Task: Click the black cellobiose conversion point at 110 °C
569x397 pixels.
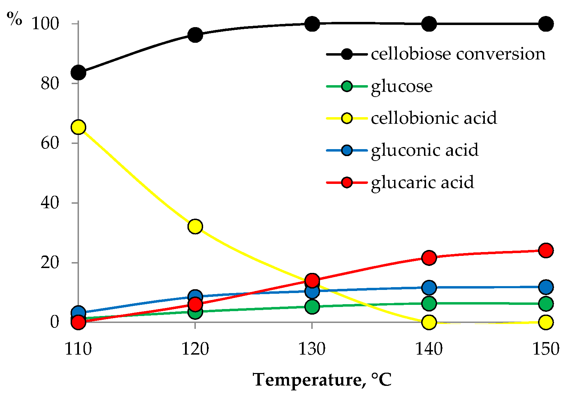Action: pos(78,73)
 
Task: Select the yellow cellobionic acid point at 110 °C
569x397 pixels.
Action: pos(78,127)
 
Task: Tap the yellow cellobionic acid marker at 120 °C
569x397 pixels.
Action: pos(195,226)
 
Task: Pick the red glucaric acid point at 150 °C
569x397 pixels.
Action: pos(546,250)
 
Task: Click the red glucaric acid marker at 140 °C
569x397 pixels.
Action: pos(429,258)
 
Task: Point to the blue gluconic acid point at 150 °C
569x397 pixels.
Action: pos(546,287)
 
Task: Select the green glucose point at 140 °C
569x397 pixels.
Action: pos(429,303)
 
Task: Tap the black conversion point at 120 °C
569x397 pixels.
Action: pos(195,35)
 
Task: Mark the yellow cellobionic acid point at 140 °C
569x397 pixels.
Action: pos(429,322)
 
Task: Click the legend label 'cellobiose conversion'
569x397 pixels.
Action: pos(458,54)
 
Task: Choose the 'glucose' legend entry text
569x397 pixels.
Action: pos(402,86)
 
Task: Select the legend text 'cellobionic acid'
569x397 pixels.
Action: pos(434,118)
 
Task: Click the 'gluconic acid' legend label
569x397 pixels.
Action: pos(425,150)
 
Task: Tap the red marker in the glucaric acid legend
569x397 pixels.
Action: pos(347,182)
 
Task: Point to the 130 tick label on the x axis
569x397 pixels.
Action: pos(312,349)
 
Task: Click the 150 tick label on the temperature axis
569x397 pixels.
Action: pos(546,349)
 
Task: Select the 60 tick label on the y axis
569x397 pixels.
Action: pos(50,143)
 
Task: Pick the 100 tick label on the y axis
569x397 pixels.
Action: pos(45,24)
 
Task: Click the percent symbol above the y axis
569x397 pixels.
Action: pos(15,19)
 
